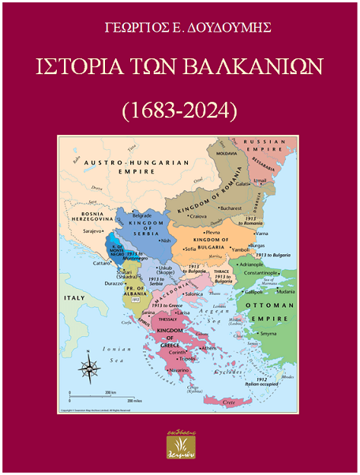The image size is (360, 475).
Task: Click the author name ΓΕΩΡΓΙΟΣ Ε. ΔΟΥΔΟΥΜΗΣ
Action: (179, 28)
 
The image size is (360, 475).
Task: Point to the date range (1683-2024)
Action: (179, 109)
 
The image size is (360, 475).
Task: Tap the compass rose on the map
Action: (92, 367)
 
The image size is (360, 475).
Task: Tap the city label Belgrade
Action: (141, 215)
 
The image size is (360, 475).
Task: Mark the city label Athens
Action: (208, 348)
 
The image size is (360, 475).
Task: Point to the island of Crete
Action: (228, 402)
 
